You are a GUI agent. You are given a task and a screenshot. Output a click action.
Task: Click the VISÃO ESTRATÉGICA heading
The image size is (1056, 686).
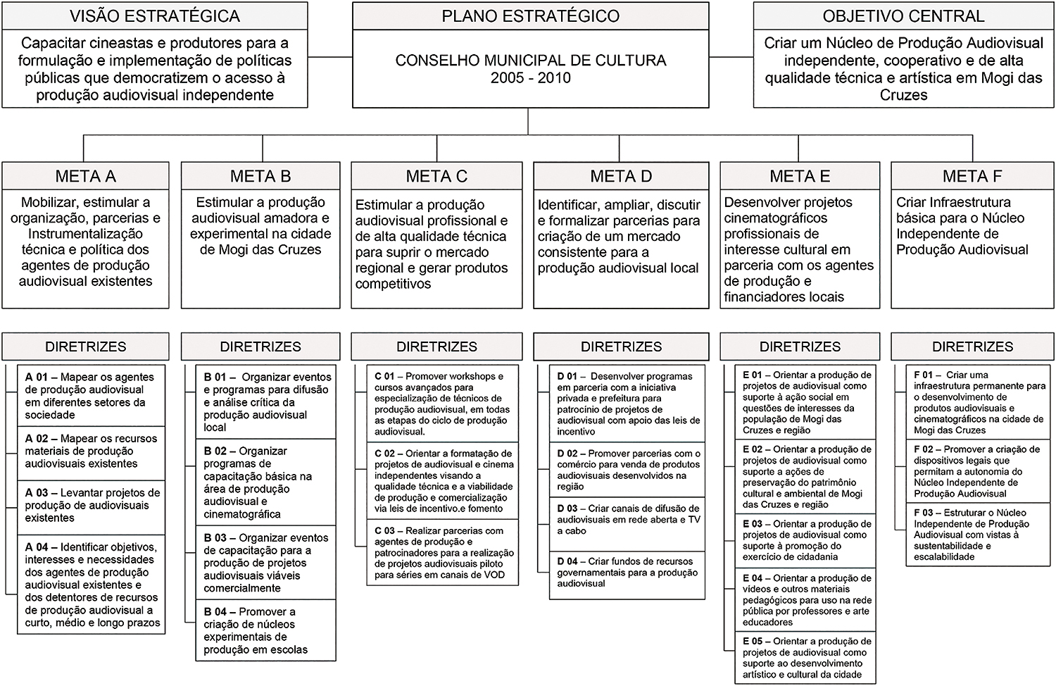(155, 15)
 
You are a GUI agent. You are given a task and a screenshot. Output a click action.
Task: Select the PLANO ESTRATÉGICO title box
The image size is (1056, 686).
(530, 15)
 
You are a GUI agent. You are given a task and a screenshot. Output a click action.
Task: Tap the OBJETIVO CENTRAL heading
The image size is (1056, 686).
(903, 15)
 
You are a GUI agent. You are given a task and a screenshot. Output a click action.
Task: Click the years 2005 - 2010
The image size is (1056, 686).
(530, 78)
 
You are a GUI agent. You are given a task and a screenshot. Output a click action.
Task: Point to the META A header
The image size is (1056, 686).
(85, 176)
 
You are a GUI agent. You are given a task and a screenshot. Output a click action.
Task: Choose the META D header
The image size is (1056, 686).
(621, 176)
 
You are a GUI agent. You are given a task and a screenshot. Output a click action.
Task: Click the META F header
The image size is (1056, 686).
(972, 176)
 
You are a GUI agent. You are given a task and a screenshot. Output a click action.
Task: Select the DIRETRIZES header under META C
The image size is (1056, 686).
(436, 347)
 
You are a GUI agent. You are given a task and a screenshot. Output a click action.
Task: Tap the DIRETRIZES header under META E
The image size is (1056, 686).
(800, 347)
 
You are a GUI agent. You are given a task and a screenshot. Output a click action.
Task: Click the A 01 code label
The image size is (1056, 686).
(37, 378)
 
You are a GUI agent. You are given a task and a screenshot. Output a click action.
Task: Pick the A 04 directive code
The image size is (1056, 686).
(37, 547)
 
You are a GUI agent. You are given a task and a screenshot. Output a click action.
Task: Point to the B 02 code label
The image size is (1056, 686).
(215, 451)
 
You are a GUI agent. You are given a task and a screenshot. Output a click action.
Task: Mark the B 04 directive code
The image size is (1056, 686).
(215, 612)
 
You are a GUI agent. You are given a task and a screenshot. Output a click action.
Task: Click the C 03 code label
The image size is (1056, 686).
(384, 531)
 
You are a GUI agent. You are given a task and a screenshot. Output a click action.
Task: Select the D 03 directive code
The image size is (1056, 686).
(567, 509)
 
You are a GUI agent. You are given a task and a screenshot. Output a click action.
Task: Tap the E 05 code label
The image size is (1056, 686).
(753, 642)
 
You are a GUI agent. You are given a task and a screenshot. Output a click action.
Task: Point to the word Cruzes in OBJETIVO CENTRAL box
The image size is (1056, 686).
(903, 95)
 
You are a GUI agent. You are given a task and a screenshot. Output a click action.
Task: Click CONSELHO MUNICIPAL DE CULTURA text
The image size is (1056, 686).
(530, 61)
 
